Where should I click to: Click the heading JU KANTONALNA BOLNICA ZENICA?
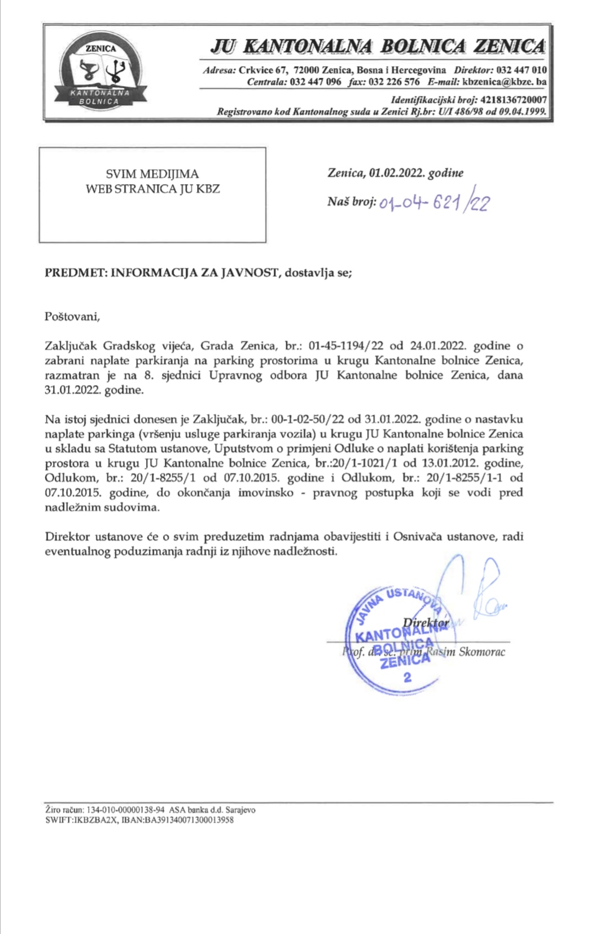[378, 46]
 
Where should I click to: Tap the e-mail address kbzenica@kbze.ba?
[504, 82]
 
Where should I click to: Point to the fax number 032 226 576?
[395, 82]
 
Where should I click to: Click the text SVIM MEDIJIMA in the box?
[152, 174]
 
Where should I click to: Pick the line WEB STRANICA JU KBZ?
[152, 189]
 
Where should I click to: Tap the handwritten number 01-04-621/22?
[434, 203]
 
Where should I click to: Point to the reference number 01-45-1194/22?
[346, 346]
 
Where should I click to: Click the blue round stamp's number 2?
[407, 677]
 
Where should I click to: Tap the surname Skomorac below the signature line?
[483, 652]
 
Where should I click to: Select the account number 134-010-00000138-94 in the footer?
[126, 810]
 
